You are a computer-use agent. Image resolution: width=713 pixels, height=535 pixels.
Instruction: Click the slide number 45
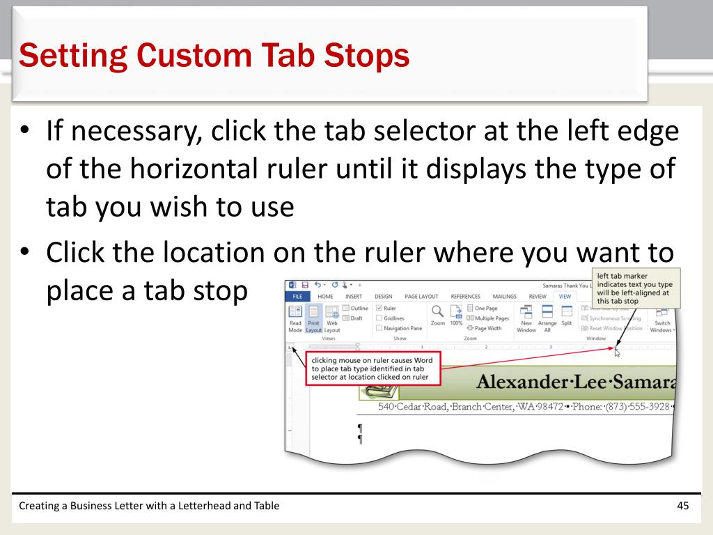click(x=682, y=506)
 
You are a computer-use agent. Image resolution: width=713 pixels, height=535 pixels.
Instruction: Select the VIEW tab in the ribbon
click(x=564, y=295)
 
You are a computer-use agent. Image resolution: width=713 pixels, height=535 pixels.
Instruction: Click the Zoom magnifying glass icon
click(x=438, y=311)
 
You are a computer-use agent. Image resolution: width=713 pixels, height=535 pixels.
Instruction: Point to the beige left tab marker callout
click(x=634, y=288)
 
